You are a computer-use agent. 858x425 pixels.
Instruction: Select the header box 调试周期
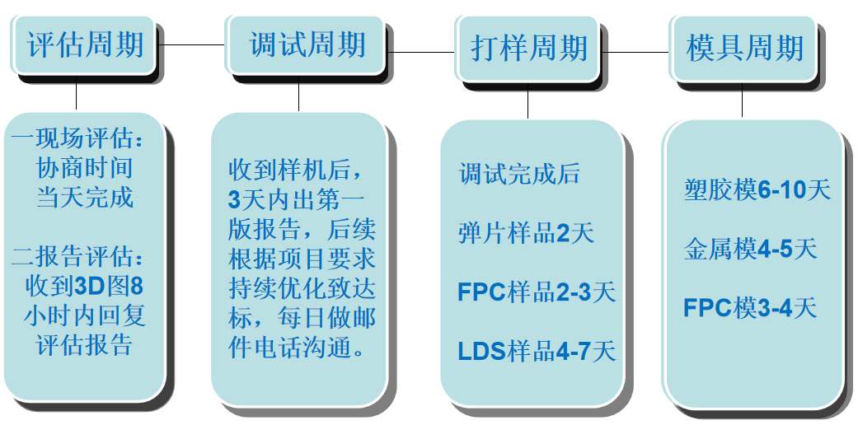(x=307, y=44)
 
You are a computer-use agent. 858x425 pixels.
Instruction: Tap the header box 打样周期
(x=528, y=47)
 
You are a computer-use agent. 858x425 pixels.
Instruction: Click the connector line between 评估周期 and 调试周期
(x=191, y=44)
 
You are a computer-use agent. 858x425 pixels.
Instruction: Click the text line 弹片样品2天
(x=526, y=233)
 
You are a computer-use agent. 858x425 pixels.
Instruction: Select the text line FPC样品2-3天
(x=537, y=292)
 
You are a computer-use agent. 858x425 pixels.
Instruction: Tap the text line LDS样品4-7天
(x=537, y=351)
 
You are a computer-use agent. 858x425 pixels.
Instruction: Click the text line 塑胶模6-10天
(x=757, y=190)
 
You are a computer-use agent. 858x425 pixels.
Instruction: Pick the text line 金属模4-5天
(x=750, y=249)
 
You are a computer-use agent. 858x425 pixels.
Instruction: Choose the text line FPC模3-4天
(x=750, y=308)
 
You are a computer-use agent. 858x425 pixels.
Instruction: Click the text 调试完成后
(x=519, y=174)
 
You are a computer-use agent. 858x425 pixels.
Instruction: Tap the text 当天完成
(x=84, y=198)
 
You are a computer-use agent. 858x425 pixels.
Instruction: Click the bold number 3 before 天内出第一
(x=234, y=200)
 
